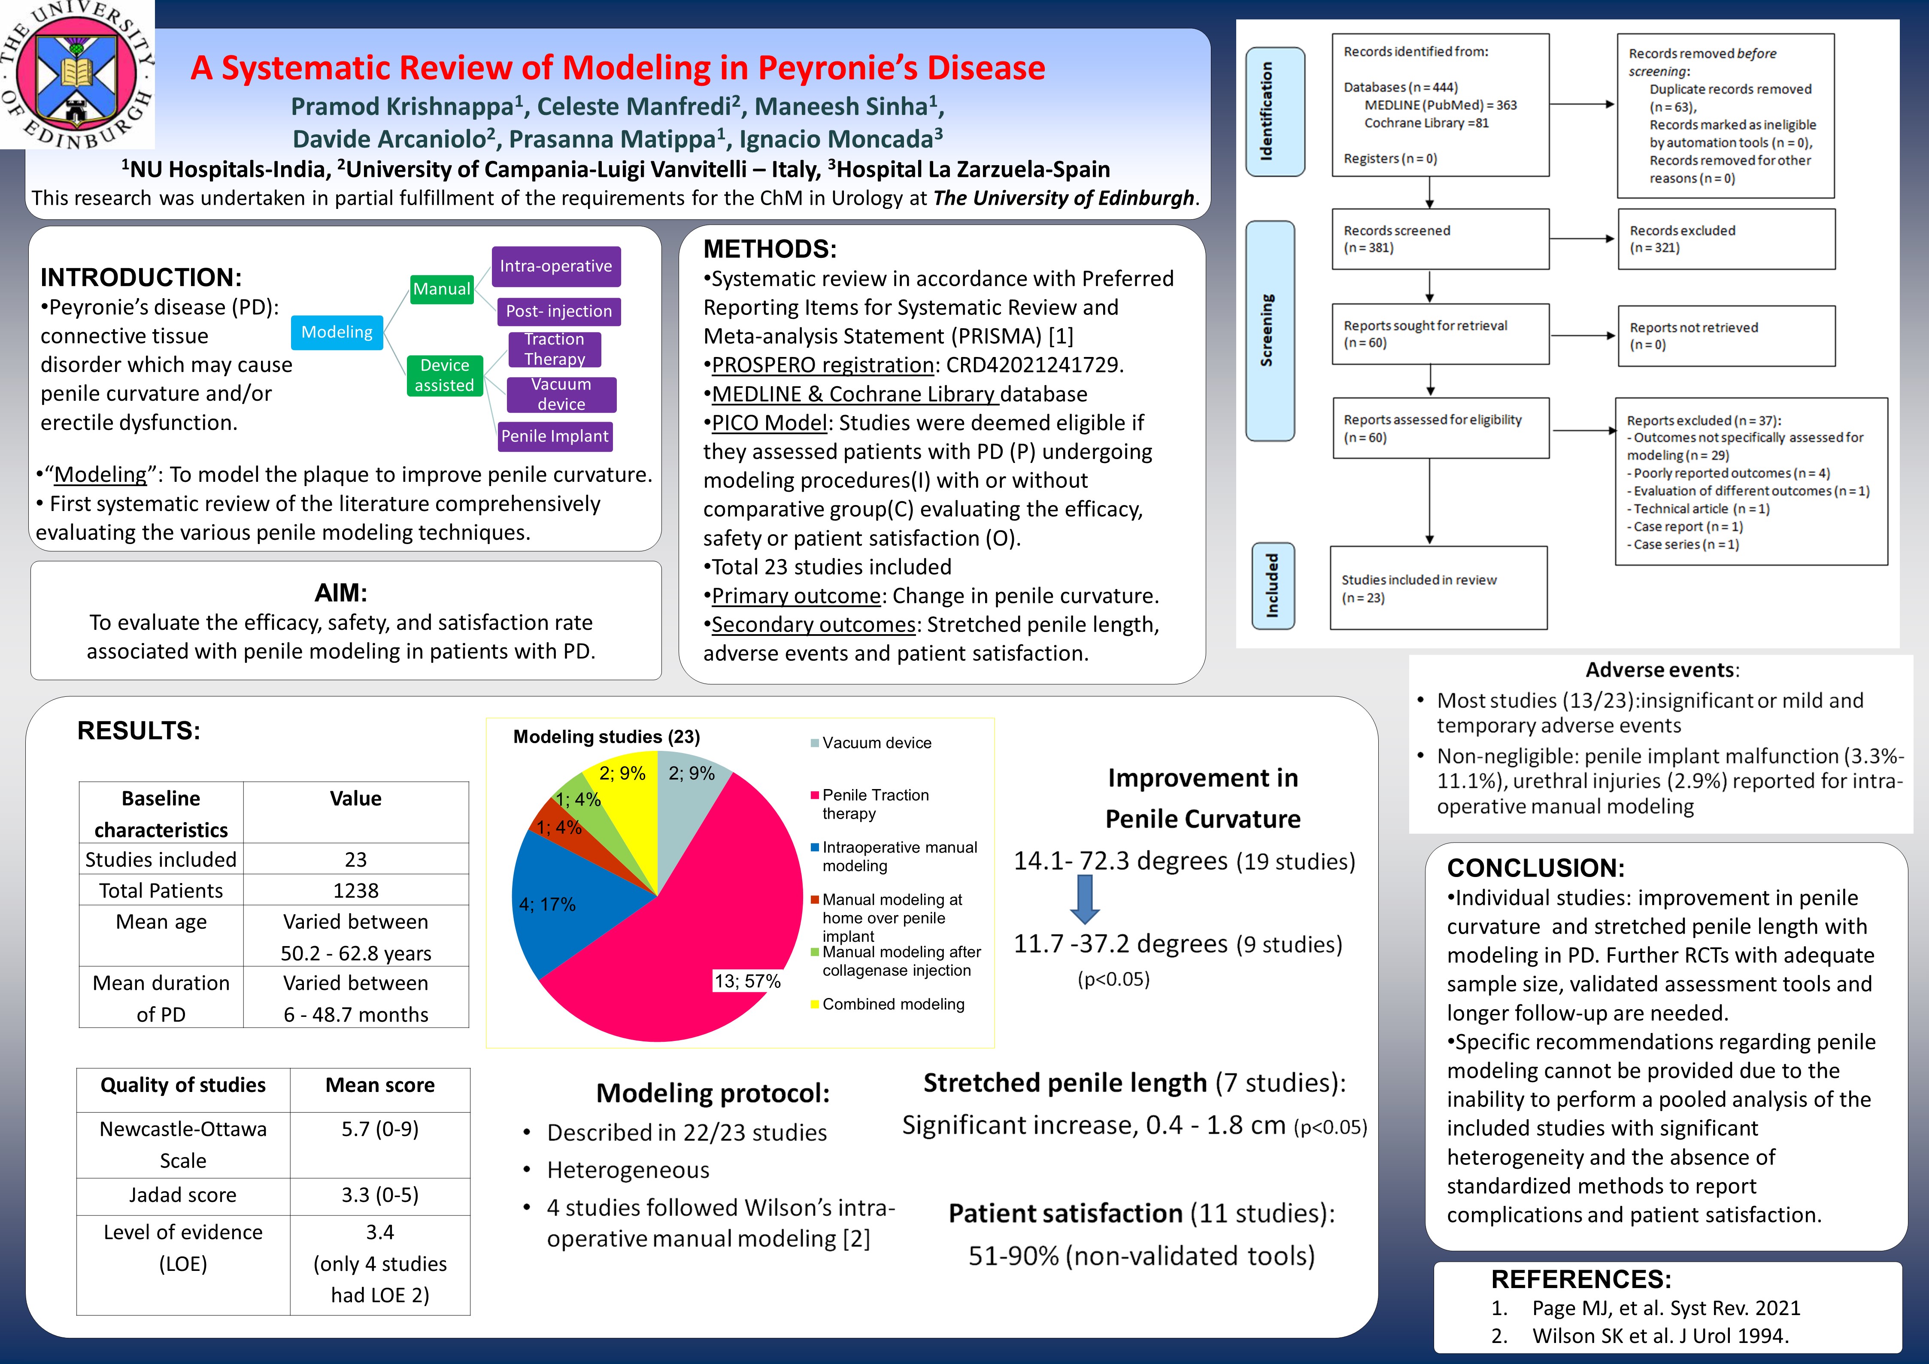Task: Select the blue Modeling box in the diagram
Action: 337,332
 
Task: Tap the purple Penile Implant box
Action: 555,436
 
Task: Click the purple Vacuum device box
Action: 561,394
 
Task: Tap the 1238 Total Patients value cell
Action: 355,890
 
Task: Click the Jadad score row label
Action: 183,1195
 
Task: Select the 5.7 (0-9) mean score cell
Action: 380,1129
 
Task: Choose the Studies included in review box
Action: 1438,588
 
